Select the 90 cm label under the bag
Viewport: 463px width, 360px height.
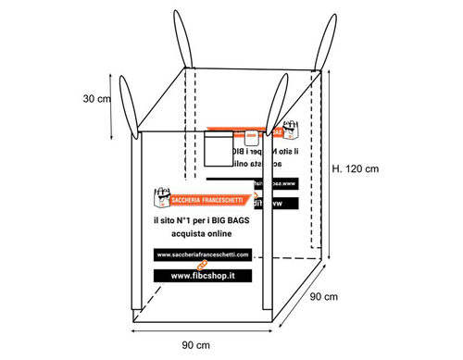click(x=195, y=344)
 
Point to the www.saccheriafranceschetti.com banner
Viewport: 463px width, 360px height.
click(x=205, y=254)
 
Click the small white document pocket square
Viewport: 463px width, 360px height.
click(x=222, y=147)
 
